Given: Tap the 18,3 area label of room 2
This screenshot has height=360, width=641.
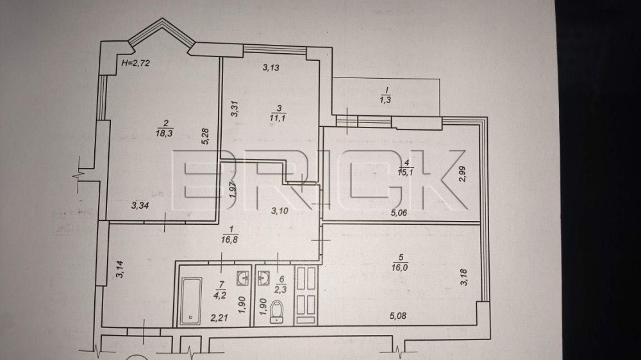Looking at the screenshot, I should pos(165,133).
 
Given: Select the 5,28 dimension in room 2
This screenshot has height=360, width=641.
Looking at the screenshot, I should pos(205,138).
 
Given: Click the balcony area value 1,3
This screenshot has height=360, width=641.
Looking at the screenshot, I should pos(385,99).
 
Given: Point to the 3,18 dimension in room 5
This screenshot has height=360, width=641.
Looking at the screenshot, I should pos(463,279).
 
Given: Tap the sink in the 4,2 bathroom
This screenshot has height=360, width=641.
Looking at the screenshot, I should pos(242,279).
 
